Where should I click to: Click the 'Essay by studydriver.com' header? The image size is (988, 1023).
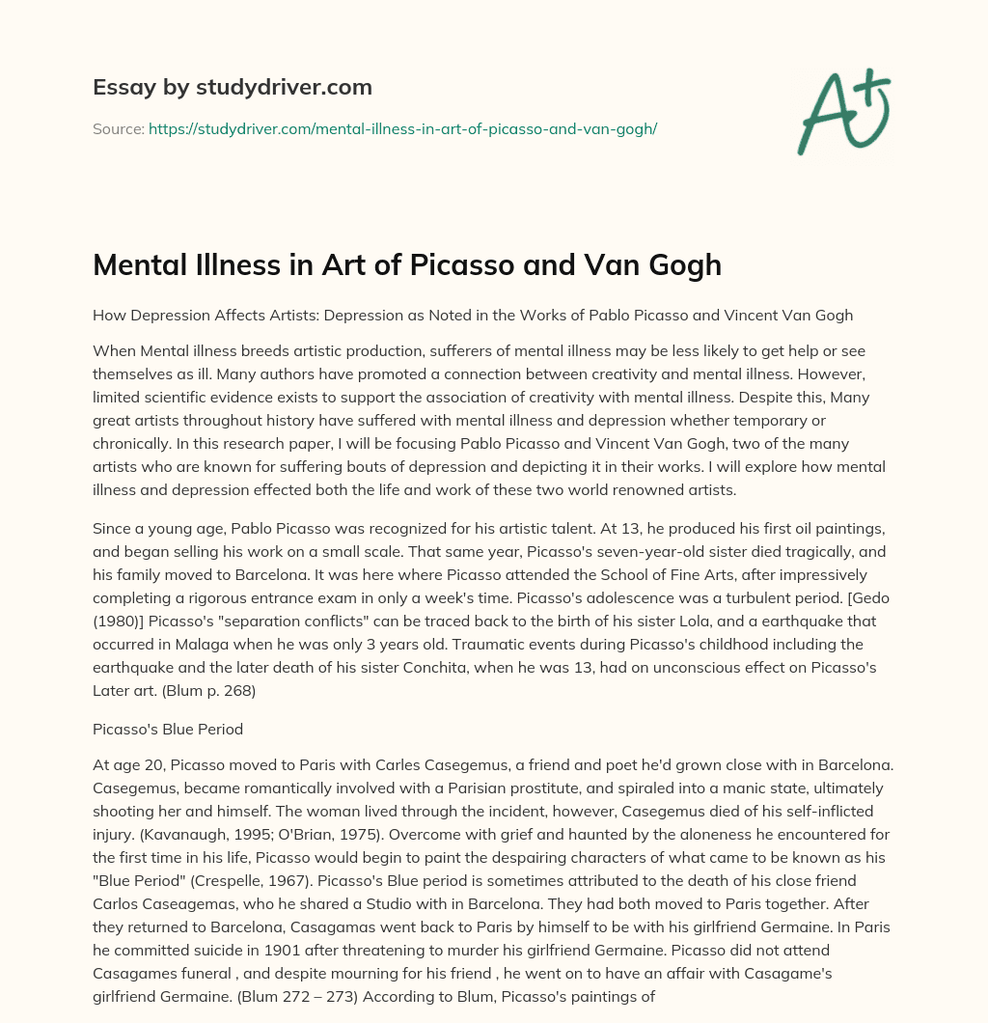point(232,87)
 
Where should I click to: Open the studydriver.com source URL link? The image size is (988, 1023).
point(402,128)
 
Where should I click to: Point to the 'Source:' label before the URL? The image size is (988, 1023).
point(118,128)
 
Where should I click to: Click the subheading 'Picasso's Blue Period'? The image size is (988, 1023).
point(167,731)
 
